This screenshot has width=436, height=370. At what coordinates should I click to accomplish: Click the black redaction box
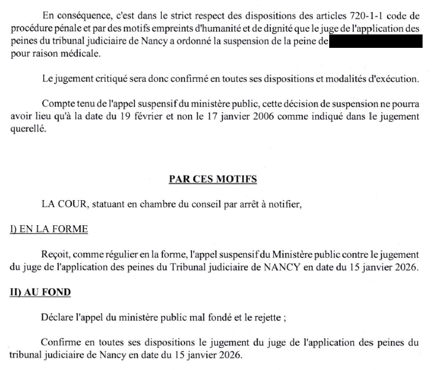375,41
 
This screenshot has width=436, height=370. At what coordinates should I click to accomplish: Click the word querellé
29,130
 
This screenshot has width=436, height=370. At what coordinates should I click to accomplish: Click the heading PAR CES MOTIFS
213,179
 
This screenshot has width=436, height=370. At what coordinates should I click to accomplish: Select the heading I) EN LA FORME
48,229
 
